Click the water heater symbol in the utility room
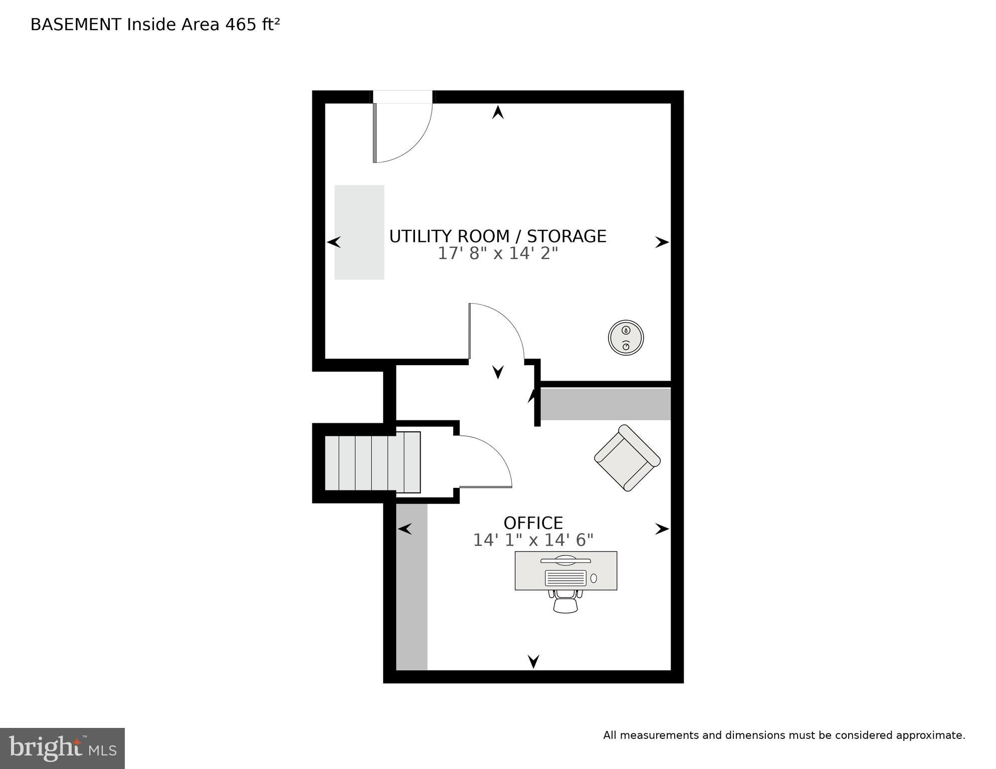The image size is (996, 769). (x=626, y=338)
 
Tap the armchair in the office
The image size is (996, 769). (x=627, y=458)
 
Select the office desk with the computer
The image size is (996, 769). (x=566, y=571)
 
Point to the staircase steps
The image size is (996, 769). (x=372, y=462)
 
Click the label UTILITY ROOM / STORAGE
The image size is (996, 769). (x=497, y=236)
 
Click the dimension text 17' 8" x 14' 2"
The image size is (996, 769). (x=497, y=253)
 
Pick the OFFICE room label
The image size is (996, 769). (x=533, y=523)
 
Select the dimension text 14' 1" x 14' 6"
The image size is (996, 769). (x=533, y=540)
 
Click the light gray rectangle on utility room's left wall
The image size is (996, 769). (x=359, y=232)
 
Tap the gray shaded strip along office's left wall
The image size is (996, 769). (x=412, y=586)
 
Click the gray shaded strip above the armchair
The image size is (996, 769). (x=605, y=404)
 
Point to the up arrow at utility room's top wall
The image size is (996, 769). (x=497, y=112)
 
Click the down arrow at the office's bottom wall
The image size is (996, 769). (x=533, y=661)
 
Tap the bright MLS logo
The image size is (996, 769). (x=62, y=748)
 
